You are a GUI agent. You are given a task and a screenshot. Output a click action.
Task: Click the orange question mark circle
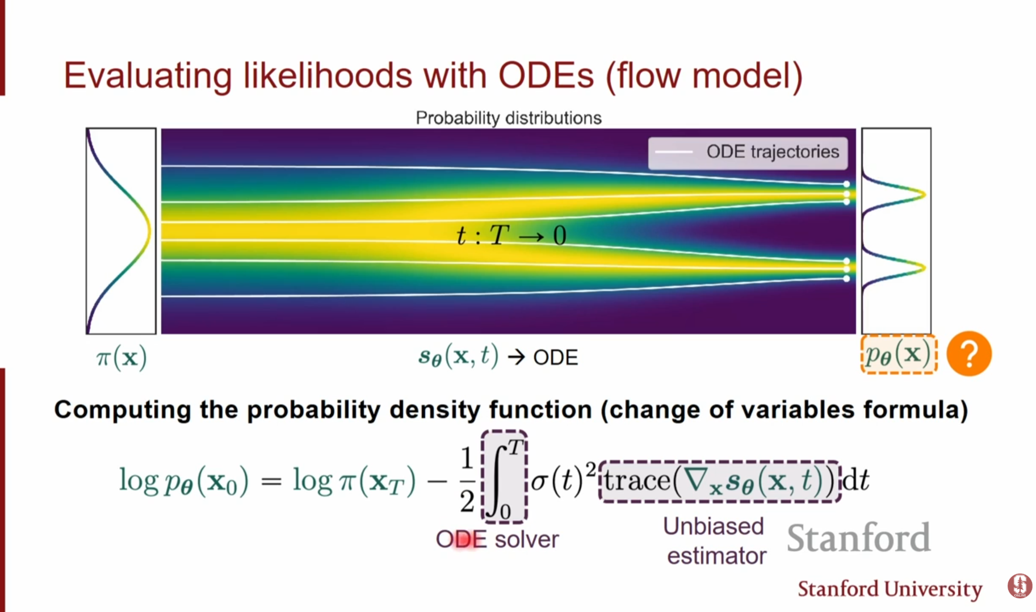pyautogui.click(x=969, y=354)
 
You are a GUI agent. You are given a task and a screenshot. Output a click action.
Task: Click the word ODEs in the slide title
pyautogui.click(x=546, y=76)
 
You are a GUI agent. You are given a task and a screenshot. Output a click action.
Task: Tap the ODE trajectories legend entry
pyautogui.click(x=748, y=152)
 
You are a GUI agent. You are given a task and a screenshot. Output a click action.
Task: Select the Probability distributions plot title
pyautogui.click(x=509, y=118)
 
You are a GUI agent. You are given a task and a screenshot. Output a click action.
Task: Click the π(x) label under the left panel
pyautogui.click(x=121, y=358)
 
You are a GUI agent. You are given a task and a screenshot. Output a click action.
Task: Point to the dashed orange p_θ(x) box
pyautogui.click(x=899, y=355)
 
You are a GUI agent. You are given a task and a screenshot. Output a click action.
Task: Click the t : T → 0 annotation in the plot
pyautogui.click(x=511, y=234)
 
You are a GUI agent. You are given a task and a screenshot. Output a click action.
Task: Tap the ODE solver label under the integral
pyautogui.click(x=497, y=539)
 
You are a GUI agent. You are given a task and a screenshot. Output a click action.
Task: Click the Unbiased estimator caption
pyautogui.click(x=715, y=541)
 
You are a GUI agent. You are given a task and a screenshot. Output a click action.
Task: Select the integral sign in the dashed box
pyautogui.click(x=504, y=477)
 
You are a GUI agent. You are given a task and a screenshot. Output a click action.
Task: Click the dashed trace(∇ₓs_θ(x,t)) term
pyautogui.click(x=719, y=481)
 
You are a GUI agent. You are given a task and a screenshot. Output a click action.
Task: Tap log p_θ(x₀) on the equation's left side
pyautogui.click(x=184, y=481)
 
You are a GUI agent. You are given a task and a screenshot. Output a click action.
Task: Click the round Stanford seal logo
pyautogui.click(x=1020, y=586)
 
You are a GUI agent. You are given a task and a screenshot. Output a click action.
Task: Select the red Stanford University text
pyautogui.click(x=890, y=589)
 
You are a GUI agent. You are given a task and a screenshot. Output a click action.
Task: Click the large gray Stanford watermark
pyautogui.click(x=858, y=537)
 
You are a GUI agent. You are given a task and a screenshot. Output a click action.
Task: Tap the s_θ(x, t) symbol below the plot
pyautogui.click(x=458, y=357)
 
